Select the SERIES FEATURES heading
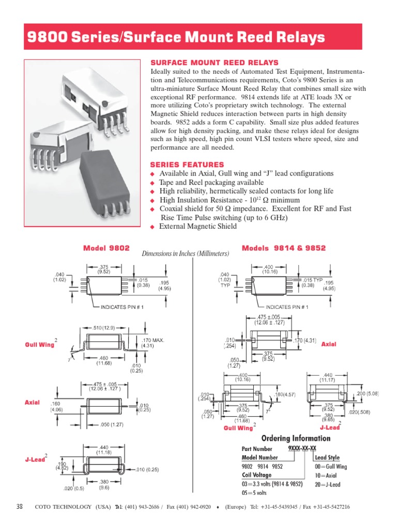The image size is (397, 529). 187,164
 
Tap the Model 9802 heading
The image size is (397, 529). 106,248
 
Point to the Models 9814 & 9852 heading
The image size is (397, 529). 284,248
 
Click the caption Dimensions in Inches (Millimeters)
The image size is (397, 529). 185,254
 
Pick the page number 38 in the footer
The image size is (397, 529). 20,507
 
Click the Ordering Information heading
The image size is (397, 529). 296,439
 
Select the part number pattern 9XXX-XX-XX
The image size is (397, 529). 302,448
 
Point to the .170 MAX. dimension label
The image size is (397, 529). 152,340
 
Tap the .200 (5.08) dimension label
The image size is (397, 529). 368,393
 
